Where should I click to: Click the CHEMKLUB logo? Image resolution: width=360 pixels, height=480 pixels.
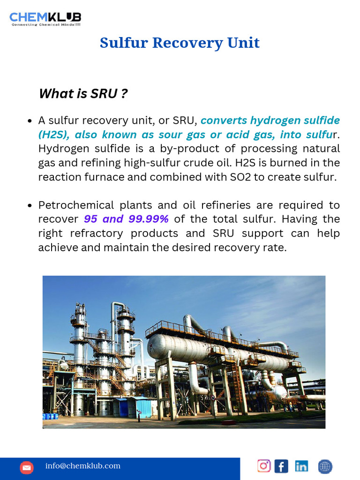point(45,17)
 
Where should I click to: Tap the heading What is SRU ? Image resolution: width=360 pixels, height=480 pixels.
point(83,94)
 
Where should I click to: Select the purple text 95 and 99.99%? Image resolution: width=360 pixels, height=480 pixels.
point(126,219)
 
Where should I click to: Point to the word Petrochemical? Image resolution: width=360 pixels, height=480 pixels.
point(76,205)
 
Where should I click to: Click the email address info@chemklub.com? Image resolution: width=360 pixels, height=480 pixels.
point(82,466)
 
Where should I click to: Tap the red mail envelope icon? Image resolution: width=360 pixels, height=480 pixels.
point(27,467)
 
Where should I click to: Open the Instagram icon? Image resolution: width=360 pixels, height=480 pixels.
point(264,465)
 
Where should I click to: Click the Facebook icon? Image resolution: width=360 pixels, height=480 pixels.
point(281,466)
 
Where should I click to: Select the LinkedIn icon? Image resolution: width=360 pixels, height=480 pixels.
point(301,466)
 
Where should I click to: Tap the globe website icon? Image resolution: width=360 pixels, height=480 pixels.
point(325,466)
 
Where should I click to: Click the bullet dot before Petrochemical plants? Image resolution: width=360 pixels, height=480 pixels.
point(30,206)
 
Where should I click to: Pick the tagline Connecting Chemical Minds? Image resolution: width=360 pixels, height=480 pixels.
point(46,24)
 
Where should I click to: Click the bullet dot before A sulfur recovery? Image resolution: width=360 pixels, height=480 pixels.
point(30,121)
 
